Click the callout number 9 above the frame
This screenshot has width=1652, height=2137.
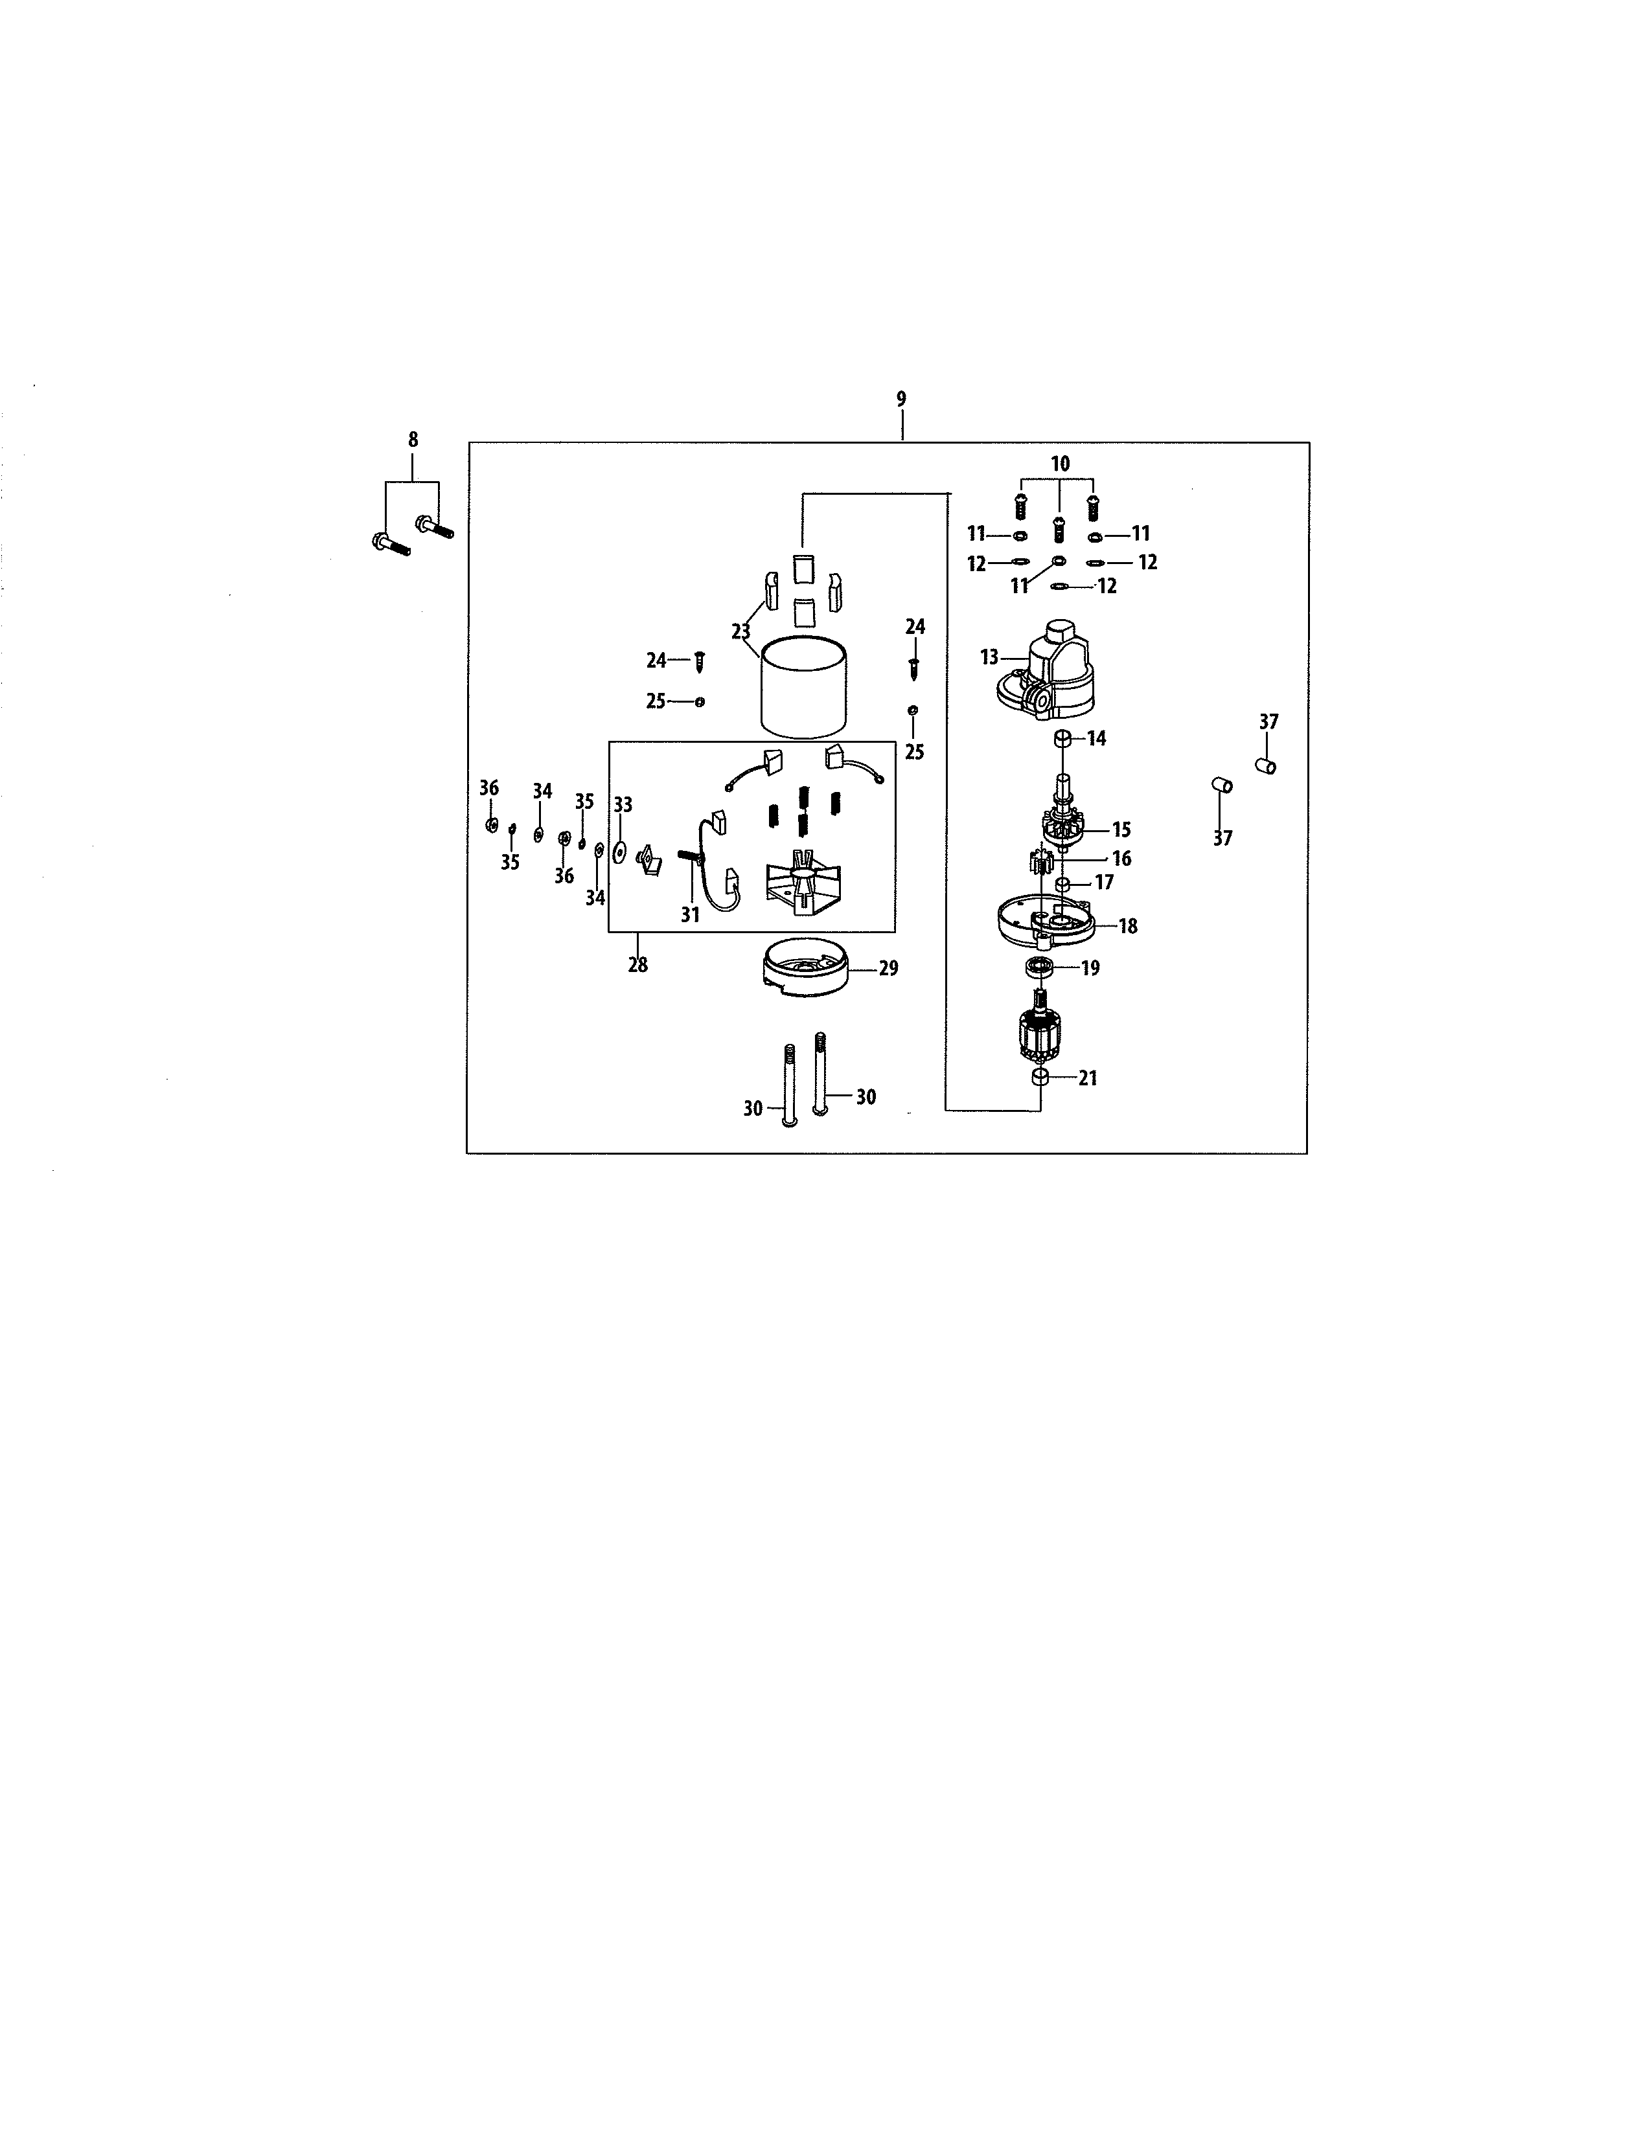[x=901, y=399]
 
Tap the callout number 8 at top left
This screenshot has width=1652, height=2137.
[x=413, y=440]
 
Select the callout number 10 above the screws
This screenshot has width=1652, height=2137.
[x=1060, y=464]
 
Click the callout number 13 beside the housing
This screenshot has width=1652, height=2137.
[x=989, y=657]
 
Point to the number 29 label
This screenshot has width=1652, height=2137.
[x=889, y=969]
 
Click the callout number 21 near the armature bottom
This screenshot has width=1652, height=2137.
[x=1088, y=1078]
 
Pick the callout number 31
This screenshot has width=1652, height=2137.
[x=690, y=915]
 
